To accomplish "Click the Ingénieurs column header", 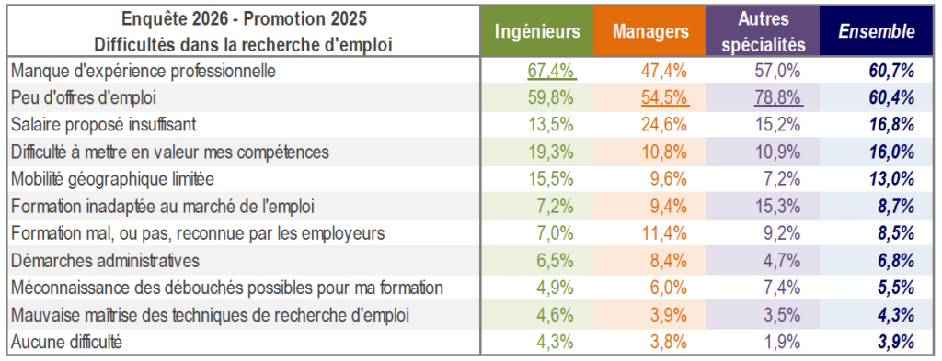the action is [x=536, y=31].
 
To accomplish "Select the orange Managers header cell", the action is [x=650, y=31].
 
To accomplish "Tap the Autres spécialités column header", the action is [x=763, y=31].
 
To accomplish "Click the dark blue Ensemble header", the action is [x=877, y=31].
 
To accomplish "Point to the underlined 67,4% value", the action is [x=552, y=71].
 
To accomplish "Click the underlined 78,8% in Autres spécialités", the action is [x=778, y=97].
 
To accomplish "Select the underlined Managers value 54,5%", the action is [x=665, y=97].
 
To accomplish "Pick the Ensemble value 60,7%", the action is [x=891, y=71].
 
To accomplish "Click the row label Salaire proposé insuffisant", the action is [x=104, y=125].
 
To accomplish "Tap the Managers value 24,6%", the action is [x=665, y=125].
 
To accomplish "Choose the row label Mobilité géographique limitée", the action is [x=113, y=179].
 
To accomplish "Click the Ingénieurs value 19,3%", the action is [x=552, y=152].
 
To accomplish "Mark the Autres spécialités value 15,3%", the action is [x=778, y=207].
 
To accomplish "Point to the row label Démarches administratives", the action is [x=105, y=261].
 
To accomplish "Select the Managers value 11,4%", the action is [x=665, y=233].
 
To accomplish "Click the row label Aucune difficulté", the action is [x=66, y=343].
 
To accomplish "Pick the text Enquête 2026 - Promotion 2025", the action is [x=244, y=18].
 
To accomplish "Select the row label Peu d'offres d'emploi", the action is [x=84, y=97].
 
